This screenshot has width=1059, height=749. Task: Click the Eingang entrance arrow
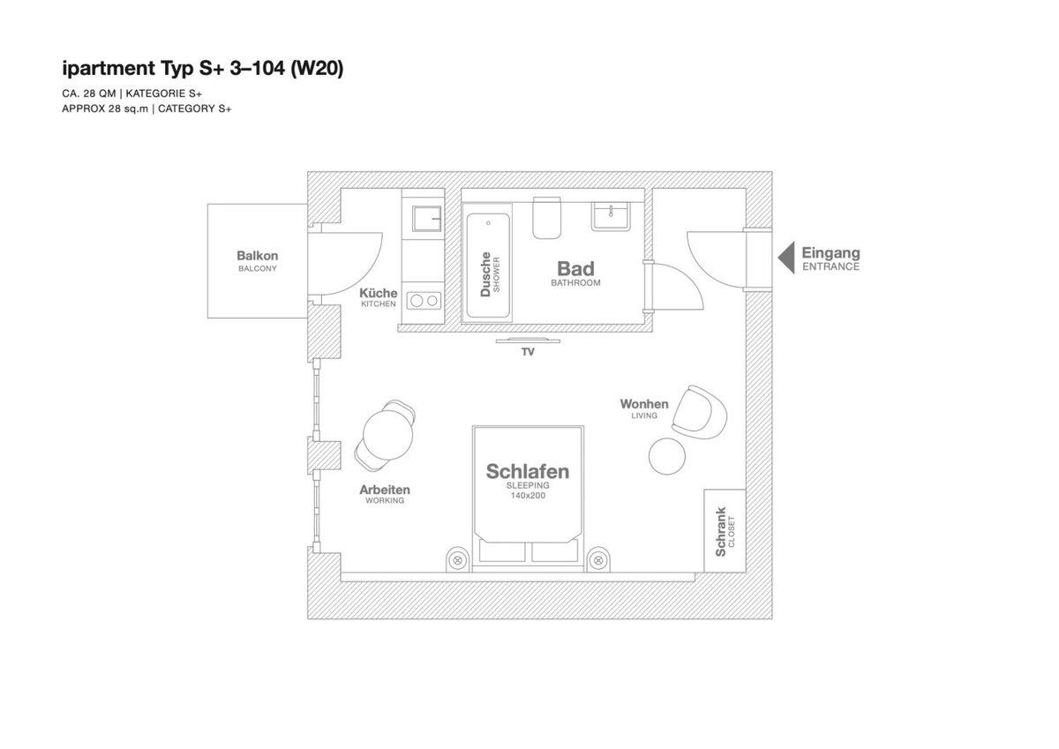pos(786,258)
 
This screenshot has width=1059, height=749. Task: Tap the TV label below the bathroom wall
pos(528,352)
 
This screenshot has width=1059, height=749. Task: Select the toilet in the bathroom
pos(547,218)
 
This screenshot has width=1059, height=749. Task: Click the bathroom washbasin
pos(611,216)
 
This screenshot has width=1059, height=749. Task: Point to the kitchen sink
pos(427,219)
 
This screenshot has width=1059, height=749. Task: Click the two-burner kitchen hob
pos(424,301)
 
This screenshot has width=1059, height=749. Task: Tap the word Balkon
pos(257,256)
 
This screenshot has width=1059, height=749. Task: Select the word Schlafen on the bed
pos(528,471)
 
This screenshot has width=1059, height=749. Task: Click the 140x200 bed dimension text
pos(528,496)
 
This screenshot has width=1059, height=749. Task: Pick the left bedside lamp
pos(457,560)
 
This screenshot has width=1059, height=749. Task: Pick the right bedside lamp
pos(598,560)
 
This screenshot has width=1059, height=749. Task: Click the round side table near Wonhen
pos(666,456)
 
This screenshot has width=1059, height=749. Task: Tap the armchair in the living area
pos(700,412)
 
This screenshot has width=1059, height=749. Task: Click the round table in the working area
pos(387,435)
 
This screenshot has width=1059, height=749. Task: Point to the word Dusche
pos(485,274)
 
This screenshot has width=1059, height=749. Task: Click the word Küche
pos(379,293)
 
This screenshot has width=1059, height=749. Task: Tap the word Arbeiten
pos(385,490)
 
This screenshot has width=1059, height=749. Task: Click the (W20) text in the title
pos(317,69)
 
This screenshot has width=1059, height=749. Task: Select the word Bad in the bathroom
pos(575,269)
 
